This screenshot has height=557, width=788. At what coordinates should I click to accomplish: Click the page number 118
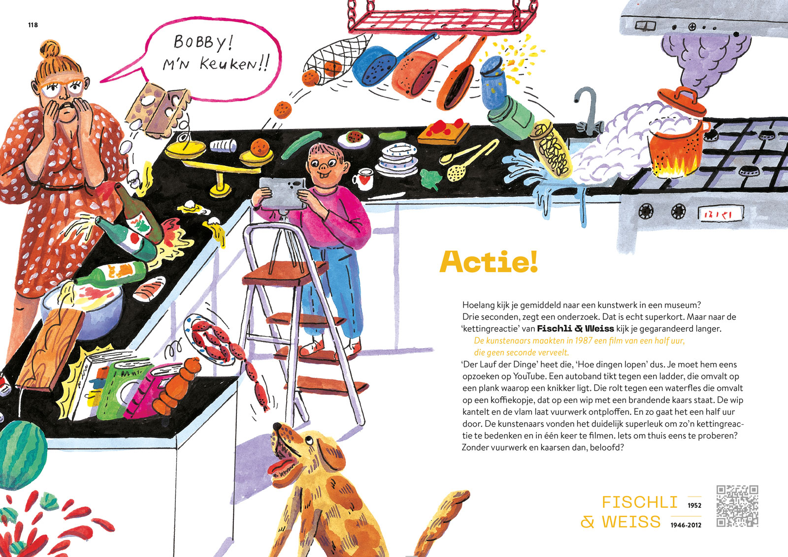pyautogui.click(x=33, y=25)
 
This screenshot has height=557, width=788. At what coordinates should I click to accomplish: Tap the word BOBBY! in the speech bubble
pyautogui.click(x=203, y=43)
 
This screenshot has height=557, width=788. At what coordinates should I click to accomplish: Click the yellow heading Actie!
pyautogui.click(x=489, y=262)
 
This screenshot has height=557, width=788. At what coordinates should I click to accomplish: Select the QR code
pyautogui.click(x=737, y=506)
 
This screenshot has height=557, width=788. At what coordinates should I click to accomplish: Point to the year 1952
pyautogui.click(x=694, y=505)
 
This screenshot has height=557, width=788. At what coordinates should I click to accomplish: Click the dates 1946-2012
pyautogui.click(x=686, y=525)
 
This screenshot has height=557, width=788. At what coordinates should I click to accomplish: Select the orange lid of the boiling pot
pyautogui.click(x=682, y=100)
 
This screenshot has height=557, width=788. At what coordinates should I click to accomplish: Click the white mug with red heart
pyautogui.click(x=363, y=179)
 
